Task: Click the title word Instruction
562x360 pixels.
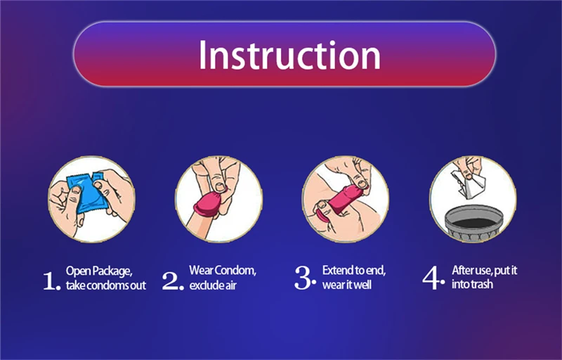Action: [289, 55]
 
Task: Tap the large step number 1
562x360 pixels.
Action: [51, 281]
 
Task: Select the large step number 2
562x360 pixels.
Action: [172, 281]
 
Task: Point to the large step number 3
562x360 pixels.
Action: [305, 278]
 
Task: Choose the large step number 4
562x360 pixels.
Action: [433, 278]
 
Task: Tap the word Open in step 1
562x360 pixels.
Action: [74, 271]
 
